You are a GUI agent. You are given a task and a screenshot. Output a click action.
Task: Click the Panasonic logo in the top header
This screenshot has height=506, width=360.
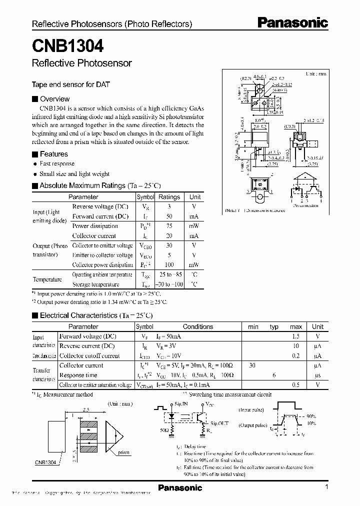click(x=292, y=22)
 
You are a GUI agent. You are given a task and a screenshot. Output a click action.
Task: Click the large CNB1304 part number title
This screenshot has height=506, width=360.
click(x=68, y=46)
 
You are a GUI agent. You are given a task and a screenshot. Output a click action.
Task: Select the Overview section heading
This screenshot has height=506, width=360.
click(x=54, y=99)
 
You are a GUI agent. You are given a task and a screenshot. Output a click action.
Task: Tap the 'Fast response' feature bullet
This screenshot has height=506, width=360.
click(x=57, y=163)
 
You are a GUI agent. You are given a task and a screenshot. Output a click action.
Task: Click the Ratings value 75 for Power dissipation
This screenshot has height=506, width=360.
click(x=169, y=226)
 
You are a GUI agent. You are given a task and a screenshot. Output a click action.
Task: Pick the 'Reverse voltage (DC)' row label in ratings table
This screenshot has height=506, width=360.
click(x=100, y=206)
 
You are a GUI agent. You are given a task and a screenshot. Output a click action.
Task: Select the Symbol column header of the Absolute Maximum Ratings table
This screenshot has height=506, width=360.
click(x=145, y=197)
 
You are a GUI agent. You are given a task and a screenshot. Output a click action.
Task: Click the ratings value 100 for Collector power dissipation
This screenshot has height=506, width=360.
click(x=169, y=264)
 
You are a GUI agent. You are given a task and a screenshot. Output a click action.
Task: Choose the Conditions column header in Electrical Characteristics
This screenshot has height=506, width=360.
click(x=198, y=326)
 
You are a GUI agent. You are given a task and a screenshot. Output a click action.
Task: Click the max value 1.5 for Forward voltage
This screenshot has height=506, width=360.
click(x=296, y=336)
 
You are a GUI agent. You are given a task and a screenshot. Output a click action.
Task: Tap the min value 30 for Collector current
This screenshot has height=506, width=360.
click(x=252, y=365)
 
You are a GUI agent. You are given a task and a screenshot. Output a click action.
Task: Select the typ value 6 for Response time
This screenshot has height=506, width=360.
click(x=274, y=375)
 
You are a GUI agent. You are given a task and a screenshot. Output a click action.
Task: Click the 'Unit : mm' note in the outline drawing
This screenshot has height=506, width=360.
click(x=315, y=73)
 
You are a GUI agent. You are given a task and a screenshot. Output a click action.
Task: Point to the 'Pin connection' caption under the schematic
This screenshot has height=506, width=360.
click(x=306, y=205)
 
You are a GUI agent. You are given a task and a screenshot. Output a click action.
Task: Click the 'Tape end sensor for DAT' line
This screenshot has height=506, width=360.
click(x=70, y=84)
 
